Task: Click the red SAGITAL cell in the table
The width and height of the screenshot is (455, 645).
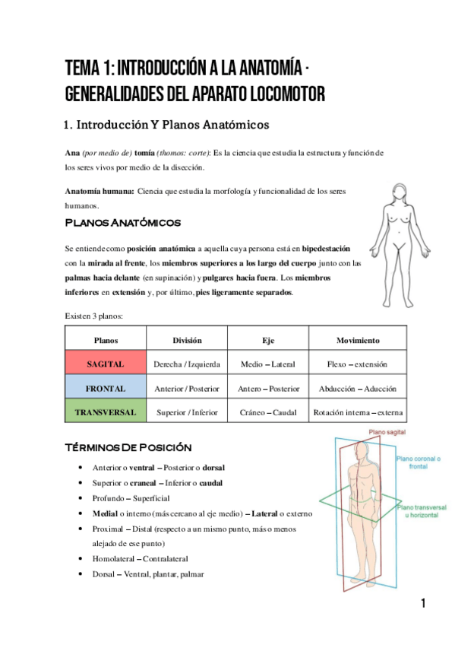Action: coord(106,364)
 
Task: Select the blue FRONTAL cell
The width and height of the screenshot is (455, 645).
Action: coord(106,389)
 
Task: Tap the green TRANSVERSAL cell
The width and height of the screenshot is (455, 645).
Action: coord(106,413)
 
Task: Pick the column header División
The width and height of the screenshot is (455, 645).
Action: coord(187,340)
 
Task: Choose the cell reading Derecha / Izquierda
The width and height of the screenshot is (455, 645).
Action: coord(187,364)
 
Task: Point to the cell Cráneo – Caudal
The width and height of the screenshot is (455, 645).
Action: coord(268,413)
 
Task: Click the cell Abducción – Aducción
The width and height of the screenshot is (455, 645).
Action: coord(358,389)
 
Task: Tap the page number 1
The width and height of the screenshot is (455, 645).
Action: coord(422,605)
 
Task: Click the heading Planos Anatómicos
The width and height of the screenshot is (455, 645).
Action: coord(123,223)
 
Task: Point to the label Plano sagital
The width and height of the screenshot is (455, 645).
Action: coord(387,432)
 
